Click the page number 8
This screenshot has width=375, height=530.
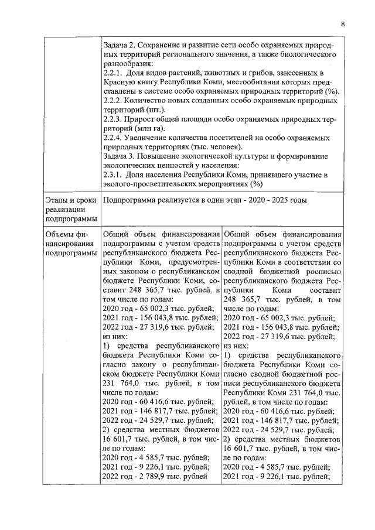pos(343,24)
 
